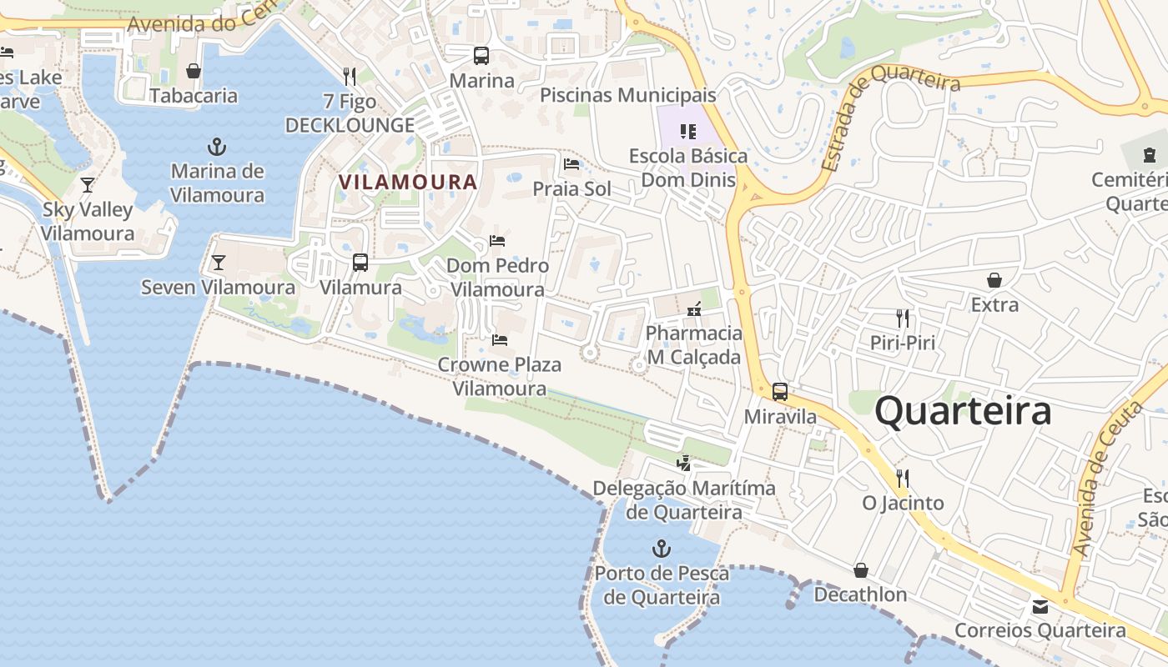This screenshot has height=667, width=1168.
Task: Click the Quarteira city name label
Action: click(963, 412)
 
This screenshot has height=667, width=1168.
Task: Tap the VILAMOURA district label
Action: click(408, 182)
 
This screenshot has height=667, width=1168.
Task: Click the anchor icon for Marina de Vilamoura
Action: click(217, 148)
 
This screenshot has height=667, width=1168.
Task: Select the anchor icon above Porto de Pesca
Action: click(661, 549)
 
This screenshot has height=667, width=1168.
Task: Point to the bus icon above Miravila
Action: click(780, 391)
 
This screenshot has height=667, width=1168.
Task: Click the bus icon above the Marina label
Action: click(481, 56)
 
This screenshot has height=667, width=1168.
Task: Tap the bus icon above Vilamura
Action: click(360, 263)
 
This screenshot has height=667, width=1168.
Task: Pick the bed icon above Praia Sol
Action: click(571, 163)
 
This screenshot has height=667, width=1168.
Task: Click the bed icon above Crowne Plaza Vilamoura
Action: click(500, 339)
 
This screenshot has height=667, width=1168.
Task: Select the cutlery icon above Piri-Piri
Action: click(902, 318)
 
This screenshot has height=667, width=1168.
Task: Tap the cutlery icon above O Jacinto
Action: click(902, 478)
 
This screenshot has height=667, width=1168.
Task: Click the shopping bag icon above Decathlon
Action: click(861, 570)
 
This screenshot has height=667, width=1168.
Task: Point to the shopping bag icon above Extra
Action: click(994, 280)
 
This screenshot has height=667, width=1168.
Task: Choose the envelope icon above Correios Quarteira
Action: click(1040, 606)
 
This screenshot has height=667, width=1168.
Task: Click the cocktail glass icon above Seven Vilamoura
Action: click(219, 263)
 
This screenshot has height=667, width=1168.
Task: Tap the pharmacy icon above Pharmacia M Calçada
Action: click(693, 309)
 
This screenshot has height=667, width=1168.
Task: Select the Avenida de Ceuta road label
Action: click(1106, 478)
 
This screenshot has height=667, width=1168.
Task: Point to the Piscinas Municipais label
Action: click(627, 95)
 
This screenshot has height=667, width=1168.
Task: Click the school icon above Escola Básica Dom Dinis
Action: click(688, 131)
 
